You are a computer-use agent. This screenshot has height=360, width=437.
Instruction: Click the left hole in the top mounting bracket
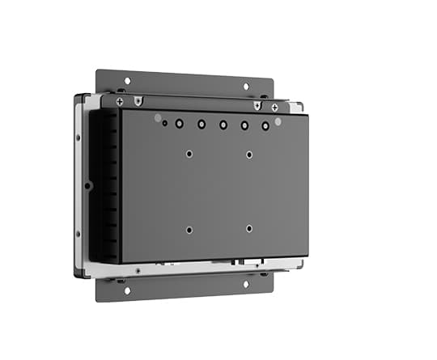[x=127, y=80]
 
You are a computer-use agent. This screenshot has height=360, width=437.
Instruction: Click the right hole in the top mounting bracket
[x=246, y=86]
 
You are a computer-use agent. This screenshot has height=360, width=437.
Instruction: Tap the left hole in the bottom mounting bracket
[x=126, y=289]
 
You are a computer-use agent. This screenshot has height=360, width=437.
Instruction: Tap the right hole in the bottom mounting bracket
[x=245, y=284]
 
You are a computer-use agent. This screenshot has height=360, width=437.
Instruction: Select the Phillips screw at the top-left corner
[x=120, y=101]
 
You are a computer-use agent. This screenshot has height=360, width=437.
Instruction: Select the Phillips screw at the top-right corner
[x=275, y=107]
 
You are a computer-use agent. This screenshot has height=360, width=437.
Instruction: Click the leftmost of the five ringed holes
[x=179, y=124]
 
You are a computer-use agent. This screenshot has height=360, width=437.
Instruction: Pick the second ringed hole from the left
[x=201, y=125]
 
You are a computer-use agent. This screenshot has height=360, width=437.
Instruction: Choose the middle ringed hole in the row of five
[x=223, y=125]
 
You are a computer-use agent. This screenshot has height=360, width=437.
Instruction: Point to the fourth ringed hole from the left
[x=244, y=126]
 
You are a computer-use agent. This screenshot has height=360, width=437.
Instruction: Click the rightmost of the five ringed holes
[x=265, y=127]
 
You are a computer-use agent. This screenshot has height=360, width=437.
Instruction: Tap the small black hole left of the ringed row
[x=165, y=124]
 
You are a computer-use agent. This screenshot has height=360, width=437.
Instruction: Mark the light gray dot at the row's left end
[x=158, y=117]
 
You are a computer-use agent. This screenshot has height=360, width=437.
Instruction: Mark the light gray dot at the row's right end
[x=278, y=121]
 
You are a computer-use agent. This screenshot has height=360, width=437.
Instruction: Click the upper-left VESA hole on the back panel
[x=189, y=153]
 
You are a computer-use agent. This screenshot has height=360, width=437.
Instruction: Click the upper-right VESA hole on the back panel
[x=249, y=155]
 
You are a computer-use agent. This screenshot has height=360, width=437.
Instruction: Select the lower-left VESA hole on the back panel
[x=189, y=229]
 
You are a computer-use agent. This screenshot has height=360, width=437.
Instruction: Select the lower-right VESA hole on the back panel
[x=249, y=229]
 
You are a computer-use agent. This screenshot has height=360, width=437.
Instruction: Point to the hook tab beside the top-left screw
[x=138, y=102]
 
